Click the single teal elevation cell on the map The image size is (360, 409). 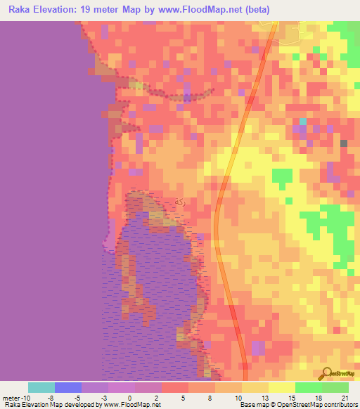(x=302, y=121)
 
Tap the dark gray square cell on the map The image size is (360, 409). (x=344, y=143)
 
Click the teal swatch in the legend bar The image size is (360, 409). (x=41, y=387)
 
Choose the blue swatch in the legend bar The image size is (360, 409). (x=68, y=387)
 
